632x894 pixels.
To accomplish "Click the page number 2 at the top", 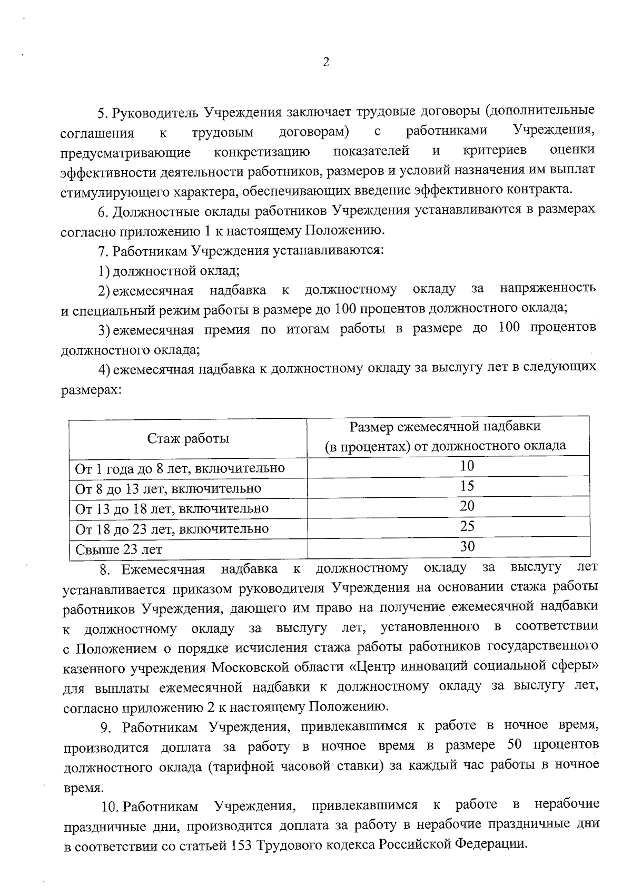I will click(325, 62).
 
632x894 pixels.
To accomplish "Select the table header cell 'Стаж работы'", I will click(188, 438).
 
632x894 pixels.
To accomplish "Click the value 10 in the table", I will click(467, 466).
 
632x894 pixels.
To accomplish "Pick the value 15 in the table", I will click(467, 486).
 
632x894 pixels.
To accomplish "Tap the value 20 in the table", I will click(467, 506).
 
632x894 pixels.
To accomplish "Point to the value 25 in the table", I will click(467, 526).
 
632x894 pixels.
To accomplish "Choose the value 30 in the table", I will click(467, 546).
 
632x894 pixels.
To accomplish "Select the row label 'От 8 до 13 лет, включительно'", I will click(168, 489).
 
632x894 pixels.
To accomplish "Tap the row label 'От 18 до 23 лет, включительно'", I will click(172, 529).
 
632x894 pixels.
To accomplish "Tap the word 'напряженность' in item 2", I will click(548, 288).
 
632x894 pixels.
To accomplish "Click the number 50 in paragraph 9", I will click(513, 745).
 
